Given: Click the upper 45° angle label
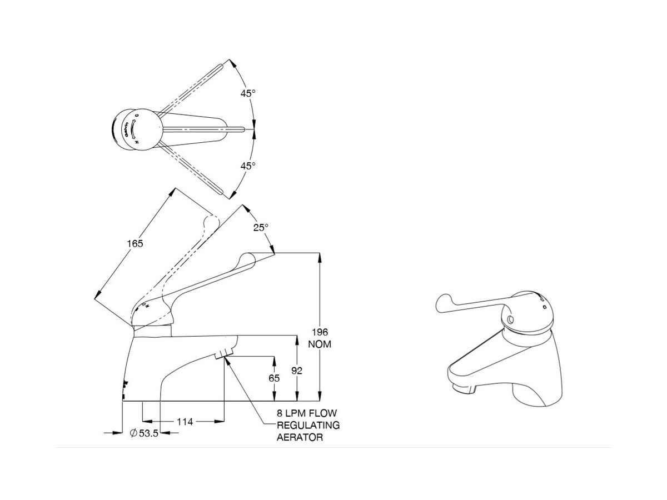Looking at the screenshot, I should pyautogui.click(x=248, y=93).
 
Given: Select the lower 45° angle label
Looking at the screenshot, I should pyautogui.click(x=248, y=165).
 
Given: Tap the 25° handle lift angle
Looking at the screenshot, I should pyautogui.click(x=261, y=227).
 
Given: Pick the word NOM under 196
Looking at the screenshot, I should pyautogui.click(x=319, y=344).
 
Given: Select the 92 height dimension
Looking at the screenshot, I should pyautogui.click(x=296, y=371).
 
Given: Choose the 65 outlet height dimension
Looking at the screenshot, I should pyautogui.click(x=273, y=377).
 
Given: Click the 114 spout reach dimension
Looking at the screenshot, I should pyautogui.click(x=185, y=422).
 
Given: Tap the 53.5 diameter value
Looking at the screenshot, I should pyautogui.click(x=148, y=433).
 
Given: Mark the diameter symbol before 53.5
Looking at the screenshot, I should pyautogui.click(x=134, y=433).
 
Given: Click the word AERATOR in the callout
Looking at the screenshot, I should pyautogui.click(x=300, y=437).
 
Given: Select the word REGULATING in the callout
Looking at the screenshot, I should pyautogui.click(x=308, y=425).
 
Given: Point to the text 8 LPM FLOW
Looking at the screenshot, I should pyautogui.click(x=307, y=413).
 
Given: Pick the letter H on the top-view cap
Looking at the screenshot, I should pyautogui.click(x=137, y=142).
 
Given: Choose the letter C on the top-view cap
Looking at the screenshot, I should pyautogui.click(x=137, y=115).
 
